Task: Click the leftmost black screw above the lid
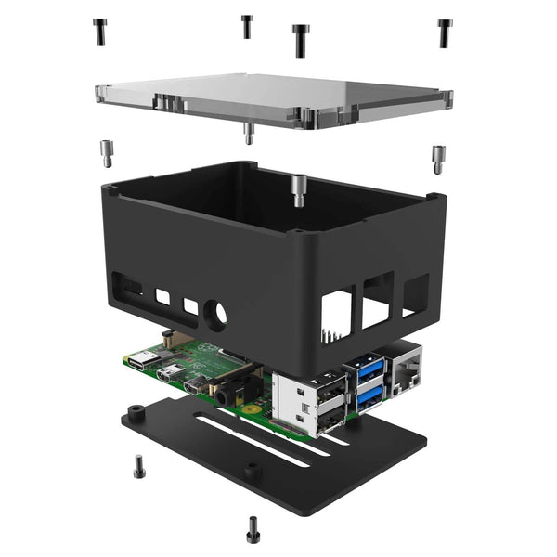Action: pos(100,32)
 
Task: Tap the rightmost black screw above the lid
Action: pos(445,32)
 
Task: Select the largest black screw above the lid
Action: pos(300,40)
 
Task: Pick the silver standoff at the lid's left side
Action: pos(107,152)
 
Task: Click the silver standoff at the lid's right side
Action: pos(437,158)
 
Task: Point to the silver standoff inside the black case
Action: pos(298,189)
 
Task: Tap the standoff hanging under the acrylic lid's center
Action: pos(248,134)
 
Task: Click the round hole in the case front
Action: pos(215,315)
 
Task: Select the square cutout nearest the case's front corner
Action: pos(336,314)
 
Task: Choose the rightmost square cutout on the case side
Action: pos(415,294)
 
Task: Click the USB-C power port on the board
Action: pos(144,361)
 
